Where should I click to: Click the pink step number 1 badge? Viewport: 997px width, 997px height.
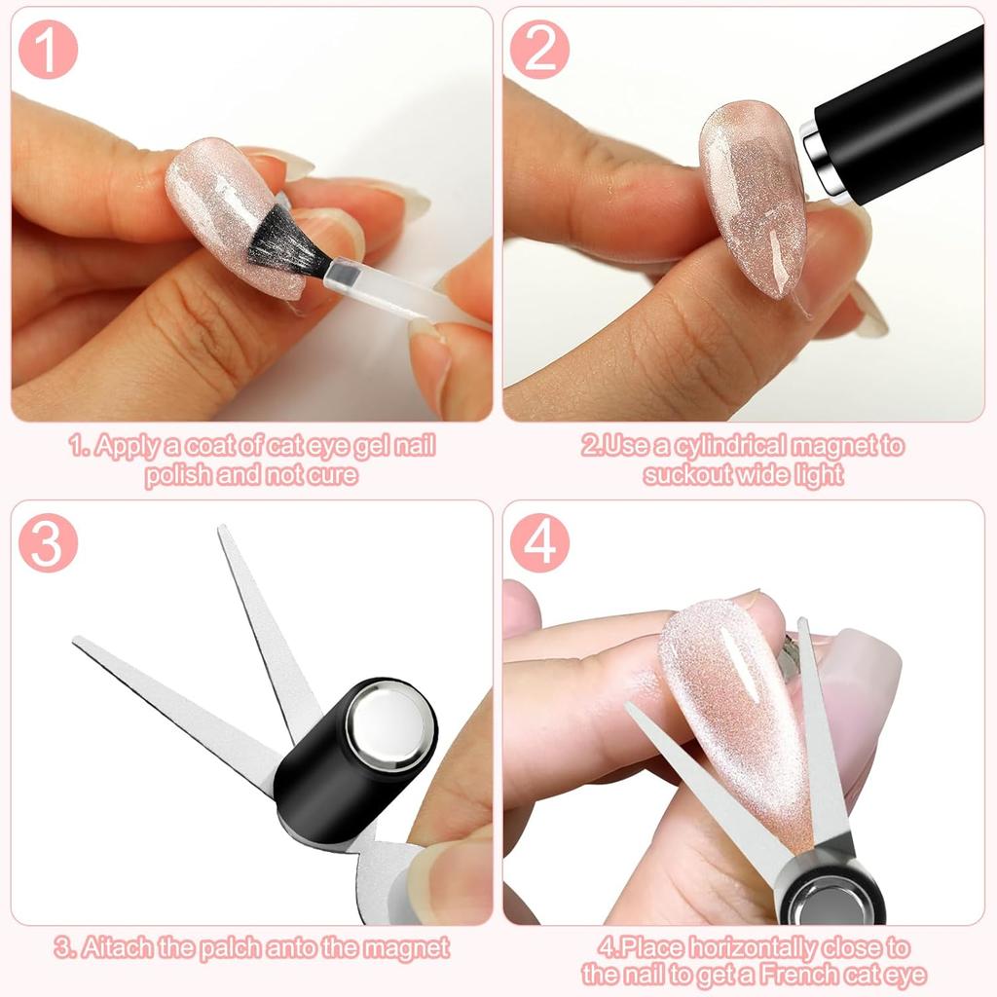[47, 50]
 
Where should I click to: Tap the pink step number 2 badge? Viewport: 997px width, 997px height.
[538, 50]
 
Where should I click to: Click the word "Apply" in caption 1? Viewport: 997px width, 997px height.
[121, 447]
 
